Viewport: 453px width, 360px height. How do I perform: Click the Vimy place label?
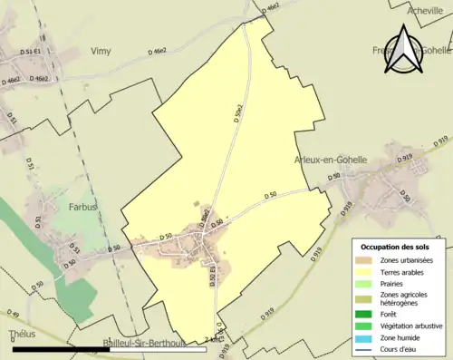[101, 51]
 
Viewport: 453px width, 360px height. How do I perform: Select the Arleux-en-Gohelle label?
[331, 160]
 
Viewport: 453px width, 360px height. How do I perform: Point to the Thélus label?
[21, 335]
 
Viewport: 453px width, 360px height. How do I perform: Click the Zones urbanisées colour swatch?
[367, 260]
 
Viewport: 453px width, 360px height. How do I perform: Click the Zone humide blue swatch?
[367, 337]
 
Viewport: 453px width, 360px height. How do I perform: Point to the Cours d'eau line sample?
[367, 349]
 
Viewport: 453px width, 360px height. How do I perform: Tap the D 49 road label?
[14, 314]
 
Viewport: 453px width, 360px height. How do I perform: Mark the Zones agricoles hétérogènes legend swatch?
[367, 299]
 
